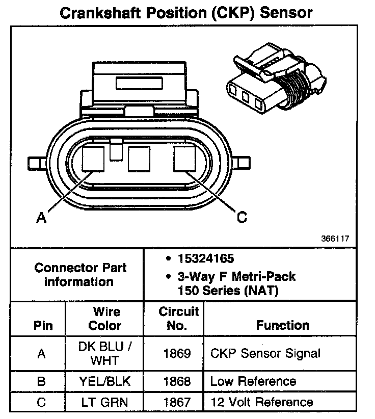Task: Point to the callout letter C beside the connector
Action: (243, 217)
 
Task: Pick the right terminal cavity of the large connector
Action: (184, 159)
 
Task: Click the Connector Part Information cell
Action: (79, 274)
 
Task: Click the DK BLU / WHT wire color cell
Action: (105, 353)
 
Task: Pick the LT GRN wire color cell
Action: (105, 402)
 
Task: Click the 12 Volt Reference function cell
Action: (261, 402)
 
